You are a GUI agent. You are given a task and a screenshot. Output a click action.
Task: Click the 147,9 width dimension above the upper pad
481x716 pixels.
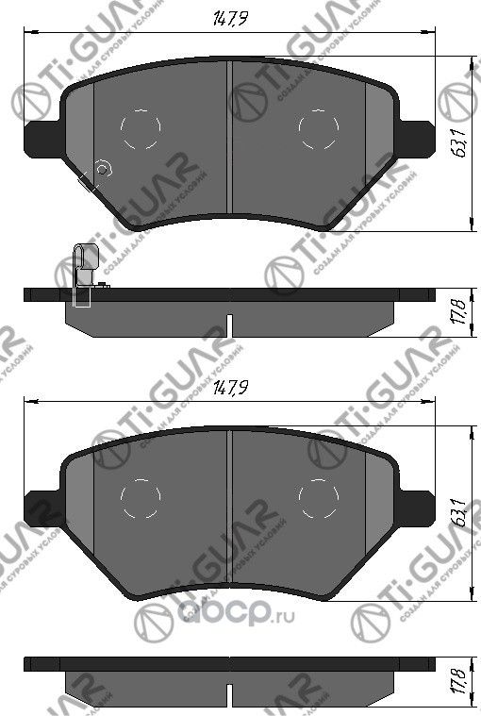pyautogui.click(x=224, y=15)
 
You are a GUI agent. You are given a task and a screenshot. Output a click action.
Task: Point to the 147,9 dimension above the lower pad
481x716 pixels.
pyautogui.click(x=224, y=388)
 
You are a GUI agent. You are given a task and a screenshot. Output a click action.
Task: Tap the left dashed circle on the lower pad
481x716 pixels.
pyautogui.click(x=140, y=498)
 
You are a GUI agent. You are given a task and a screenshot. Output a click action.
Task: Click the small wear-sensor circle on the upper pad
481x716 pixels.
pyautogui.click(x=105, y=169)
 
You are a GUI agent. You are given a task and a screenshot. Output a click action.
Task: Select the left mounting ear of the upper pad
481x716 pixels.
pyautogui.click(x=42, y=140)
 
